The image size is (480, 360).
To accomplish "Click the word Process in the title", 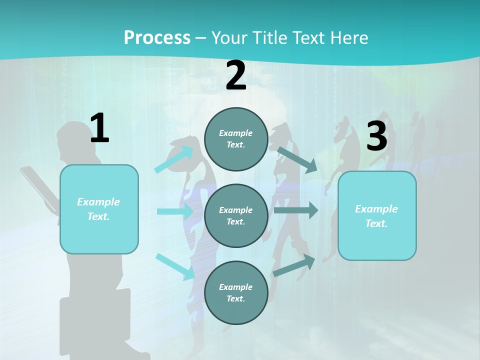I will coord(157,37).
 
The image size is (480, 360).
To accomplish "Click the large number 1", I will coord(99,128).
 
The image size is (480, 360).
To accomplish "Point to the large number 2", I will coord(236,75).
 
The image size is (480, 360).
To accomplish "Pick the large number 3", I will coord(377,136).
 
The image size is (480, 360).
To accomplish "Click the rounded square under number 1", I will coord(99,209).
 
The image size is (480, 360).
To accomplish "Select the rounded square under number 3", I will coord(377,215).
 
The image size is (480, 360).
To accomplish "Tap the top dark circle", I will coord(236,139).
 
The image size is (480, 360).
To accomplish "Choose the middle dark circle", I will coord(236,215).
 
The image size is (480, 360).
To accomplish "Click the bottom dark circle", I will coord(236,292).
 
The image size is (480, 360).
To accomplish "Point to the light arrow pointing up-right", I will coord(174,159).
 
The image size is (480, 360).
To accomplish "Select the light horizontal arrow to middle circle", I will coord(175,211).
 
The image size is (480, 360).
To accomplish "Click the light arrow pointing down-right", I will coord(175,266).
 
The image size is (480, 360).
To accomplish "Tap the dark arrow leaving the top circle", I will coord(297,159).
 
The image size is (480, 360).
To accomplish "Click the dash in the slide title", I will coord(201,38).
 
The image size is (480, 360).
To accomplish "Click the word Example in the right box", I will coord(376,209).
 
